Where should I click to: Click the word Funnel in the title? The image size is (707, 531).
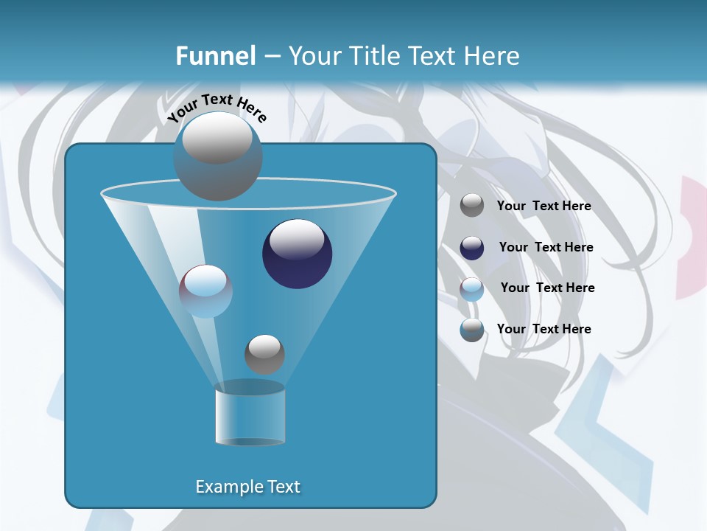(x=216, y=56)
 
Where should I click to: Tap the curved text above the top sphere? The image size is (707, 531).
(x=217, y=106)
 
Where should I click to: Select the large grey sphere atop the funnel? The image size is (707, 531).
(x=217, y=156)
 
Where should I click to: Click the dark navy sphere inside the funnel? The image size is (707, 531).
(x=297, y=254)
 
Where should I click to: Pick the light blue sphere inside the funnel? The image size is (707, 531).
(x=205, y=291)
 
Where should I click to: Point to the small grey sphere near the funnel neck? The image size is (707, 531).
(x=264, y=354)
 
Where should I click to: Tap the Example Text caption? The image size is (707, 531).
(x=247, y=487)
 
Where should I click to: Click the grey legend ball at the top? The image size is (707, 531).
(x=472, y=206)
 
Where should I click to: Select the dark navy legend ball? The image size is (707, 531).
(x=472, y=248)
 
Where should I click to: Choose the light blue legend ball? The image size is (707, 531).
(x=472, y=289)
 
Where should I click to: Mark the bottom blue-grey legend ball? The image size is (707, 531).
(x=472, y=330)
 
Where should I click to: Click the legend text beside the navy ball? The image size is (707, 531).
(x=546, y=248)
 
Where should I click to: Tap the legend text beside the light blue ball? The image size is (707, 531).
(x=547, y=288)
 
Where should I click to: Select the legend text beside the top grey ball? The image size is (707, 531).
(x=544, y=206)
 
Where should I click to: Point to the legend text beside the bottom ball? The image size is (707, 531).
(x=544, y=329)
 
